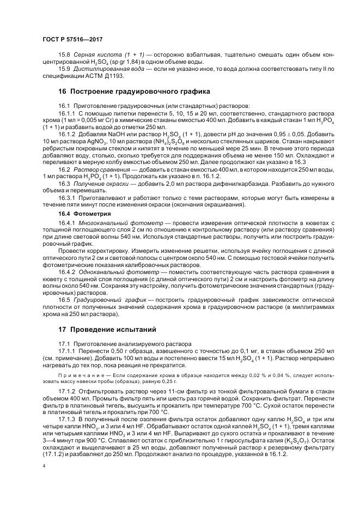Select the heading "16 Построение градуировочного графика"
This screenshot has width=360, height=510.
(134, 91)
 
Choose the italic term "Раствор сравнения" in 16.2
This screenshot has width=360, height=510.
(96, 169)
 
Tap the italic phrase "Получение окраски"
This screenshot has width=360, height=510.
(98, 184)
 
